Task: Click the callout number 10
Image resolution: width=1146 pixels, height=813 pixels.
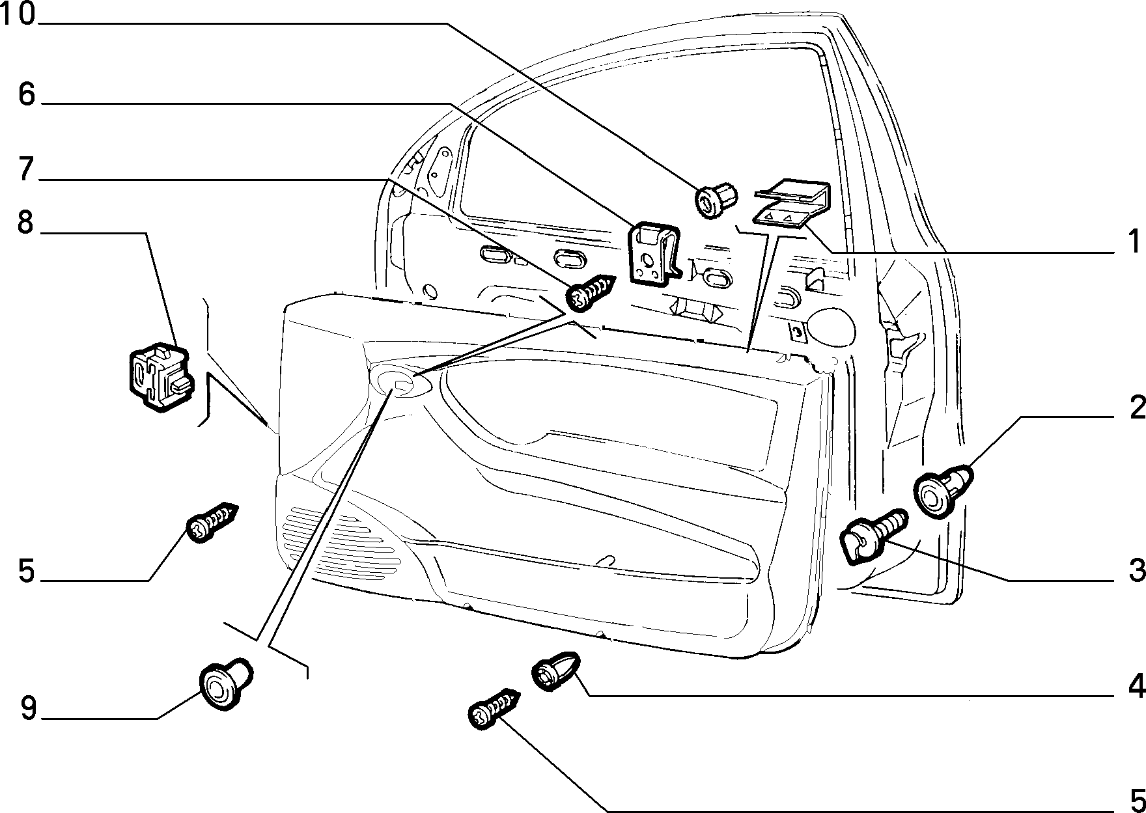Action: coord(18,14)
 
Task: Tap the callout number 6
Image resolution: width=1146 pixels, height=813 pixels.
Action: coord(26,94)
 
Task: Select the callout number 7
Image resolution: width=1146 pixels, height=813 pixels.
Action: coord(26,169)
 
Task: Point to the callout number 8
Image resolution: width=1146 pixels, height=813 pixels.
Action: coord(25,223)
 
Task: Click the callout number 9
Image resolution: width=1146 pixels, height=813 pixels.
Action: coord(27,708)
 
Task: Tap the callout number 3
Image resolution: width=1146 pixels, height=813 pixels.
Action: coord(1137,570)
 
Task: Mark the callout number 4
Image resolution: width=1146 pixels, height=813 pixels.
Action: coord(1137,686)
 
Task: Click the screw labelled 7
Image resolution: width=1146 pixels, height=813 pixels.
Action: coord(591,292)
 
